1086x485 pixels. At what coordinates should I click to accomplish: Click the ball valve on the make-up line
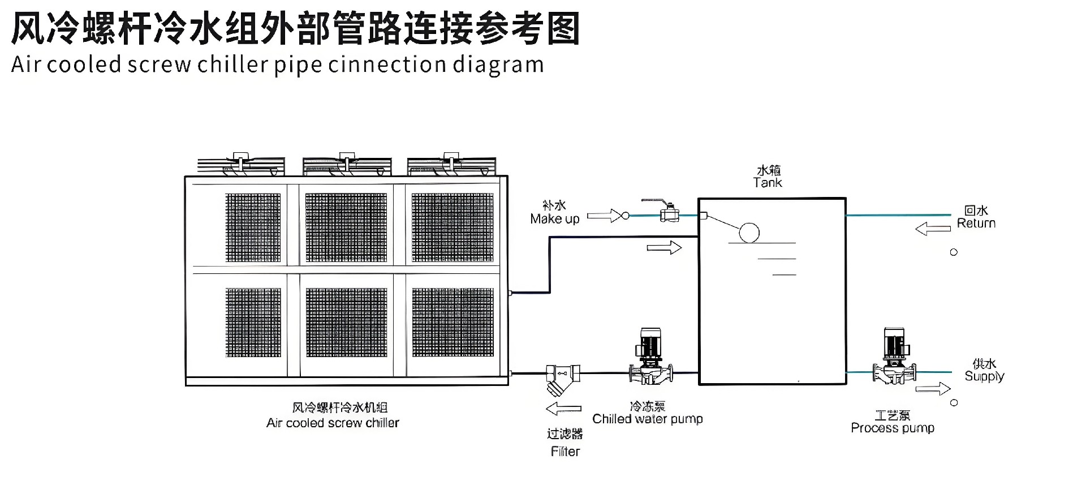(x=669, y=213)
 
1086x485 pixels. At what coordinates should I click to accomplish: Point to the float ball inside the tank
(x=749, y=232)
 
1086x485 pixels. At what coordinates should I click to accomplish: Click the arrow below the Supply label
(x=933, y=389)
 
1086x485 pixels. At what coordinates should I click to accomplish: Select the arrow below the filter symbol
(x=563, y=409)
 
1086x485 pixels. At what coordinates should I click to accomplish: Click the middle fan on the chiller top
(x=346, y=164)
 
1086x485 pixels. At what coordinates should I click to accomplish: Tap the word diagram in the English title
(x=498, y=65)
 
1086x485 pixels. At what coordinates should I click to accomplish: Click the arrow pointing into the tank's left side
(x=664, y=248)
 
